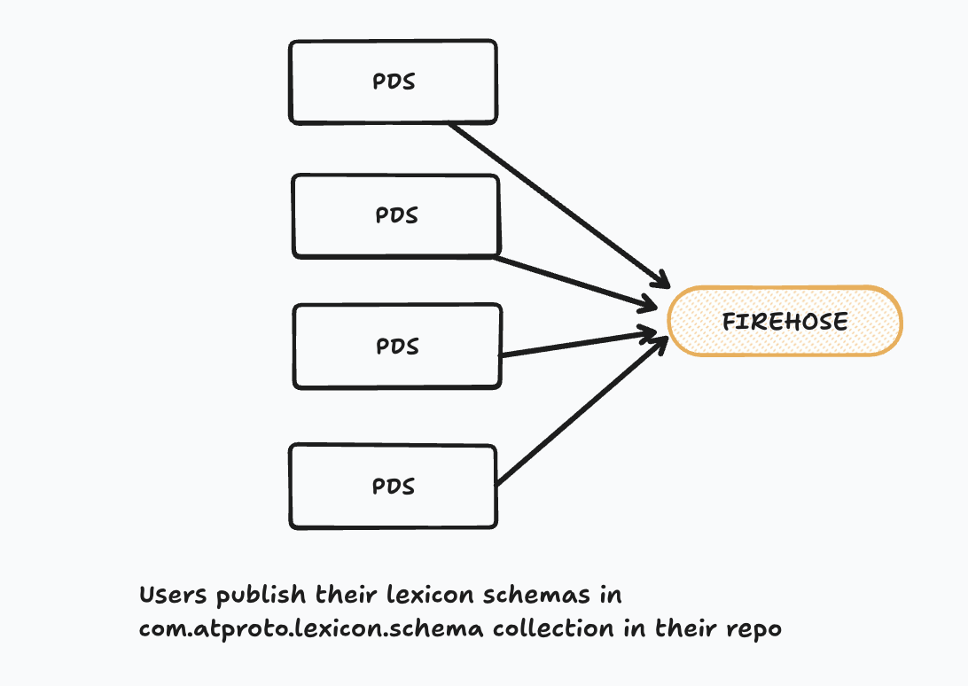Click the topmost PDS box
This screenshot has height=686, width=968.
tap(393, 82)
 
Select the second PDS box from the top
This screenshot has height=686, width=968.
tap(395, 216)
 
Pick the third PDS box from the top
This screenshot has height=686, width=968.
tap(397, 347)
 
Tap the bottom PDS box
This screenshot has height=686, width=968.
tap(393, 487)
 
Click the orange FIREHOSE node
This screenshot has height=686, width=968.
tap(785, 321)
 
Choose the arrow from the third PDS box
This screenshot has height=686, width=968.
tap(576, 344)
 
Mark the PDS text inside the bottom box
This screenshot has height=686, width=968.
tap(393, 487)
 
